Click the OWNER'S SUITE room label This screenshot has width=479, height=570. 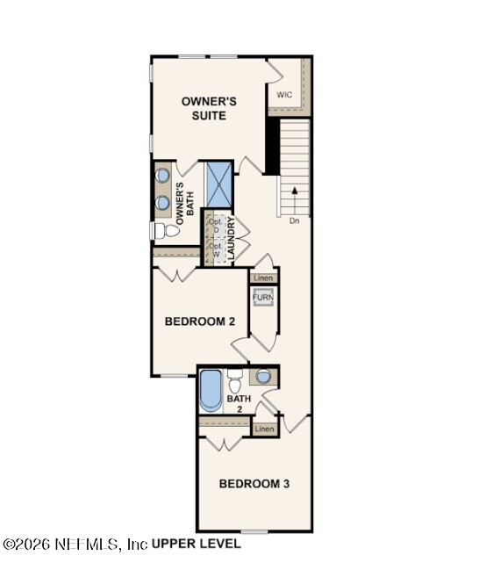209,108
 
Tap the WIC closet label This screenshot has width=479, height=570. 284,94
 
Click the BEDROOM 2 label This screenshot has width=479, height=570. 200,321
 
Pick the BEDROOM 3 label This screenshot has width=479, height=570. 254,483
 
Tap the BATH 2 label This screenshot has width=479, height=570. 239,403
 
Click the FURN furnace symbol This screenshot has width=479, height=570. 263,298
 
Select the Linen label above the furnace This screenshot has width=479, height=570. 263,278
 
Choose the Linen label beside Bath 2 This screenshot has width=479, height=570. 265,429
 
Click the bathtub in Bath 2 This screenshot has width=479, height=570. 211,392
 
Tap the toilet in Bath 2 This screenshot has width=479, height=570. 234,383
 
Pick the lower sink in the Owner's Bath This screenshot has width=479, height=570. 162,202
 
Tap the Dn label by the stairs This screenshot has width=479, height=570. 295,221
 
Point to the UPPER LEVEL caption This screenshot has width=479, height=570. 197,545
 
